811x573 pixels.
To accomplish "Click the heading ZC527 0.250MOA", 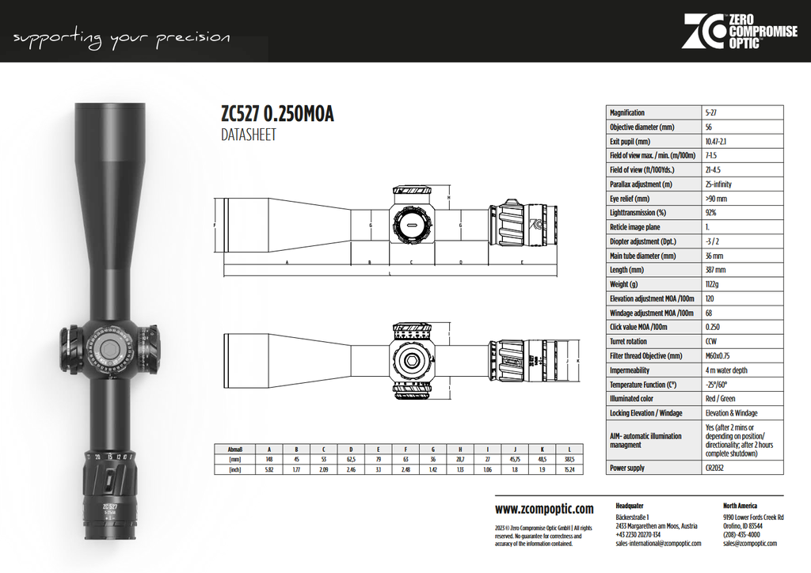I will click(277, 115).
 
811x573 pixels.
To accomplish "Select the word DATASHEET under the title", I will click(249, 135).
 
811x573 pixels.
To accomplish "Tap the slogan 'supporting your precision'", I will click(122, 38).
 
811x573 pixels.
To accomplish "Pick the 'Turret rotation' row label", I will click(628, 341).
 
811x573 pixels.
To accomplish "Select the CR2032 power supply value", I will click(714, 468).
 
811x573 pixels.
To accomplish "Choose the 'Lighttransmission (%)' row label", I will click(638, 213).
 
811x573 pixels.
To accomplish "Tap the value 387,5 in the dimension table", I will click(569, 458).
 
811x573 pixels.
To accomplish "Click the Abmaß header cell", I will click(234, 448).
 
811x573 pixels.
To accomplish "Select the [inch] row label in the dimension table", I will click(234, 469).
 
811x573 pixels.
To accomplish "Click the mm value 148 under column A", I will click(268, 458).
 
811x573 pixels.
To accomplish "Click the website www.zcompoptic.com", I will click(544, 509).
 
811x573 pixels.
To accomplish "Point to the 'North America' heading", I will click(740, 505).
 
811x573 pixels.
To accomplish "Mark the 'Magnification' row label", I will click(627, 112).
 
